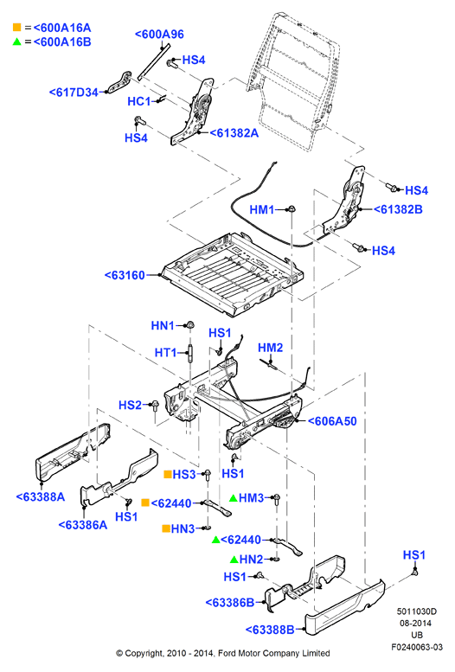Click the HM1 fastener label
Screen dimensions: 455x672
262,209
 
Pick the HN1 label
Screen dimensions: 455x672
163,326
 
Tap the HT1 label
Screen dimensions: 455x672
165,353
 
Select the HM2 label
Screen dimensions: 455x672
271,348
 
